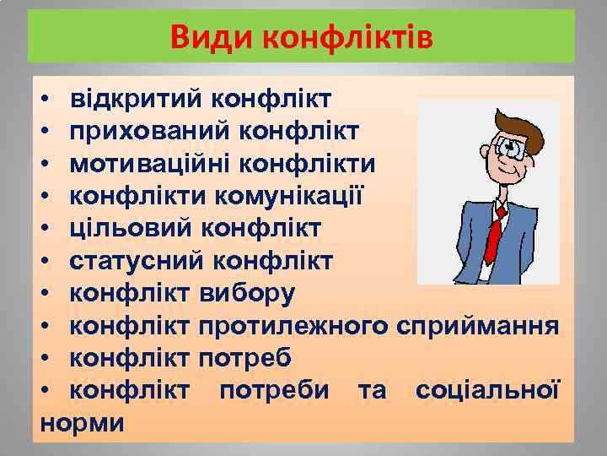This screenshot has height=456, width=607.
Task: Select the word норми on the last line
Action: pos(83,422)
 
